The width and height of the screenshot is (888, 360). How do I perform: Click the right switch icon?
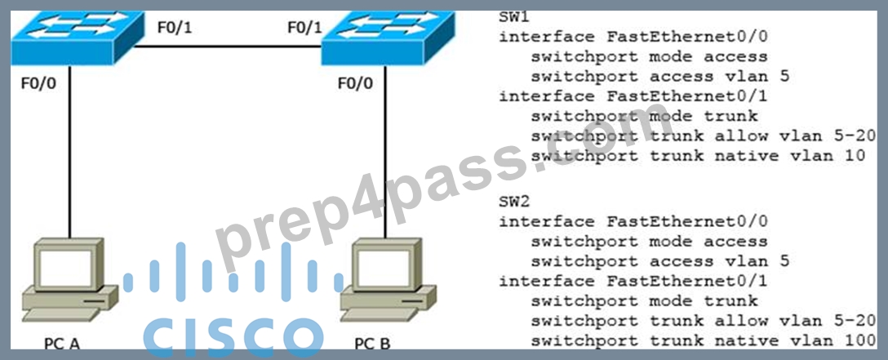coord(388,38)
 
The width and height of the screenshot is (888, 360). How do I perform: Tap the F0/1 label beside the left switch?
coord(175,27)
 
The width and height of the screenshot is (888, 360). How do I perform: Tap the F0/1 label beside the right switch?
coord(304,27)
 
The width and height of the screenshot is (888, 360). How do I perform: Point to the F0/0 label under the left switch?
coord(38,84)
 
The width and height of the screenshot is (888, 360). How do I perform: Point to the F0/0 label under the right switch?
coord(356,84)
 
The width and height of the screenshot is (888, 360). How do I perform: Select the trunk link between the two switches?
coord(228,47)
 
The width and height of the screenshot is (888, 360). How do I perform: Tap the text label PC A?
coord(62,344)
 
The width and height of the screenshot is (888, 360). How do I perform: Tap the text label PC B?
coord(372,344)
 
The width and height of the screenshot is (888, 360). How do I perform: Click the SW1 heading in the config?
coord(514,17)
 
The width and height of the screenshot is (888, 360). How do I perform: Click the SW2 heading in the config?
coord(514,201)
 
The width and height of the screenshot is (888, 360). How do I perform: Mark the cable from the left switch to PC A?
coord(69,152)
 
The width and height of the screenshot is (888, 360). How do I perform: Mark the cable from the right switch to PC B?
coord(386,152)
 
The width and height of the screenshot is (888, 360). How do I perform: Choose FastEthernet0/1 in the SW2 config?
coord(687,281)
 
